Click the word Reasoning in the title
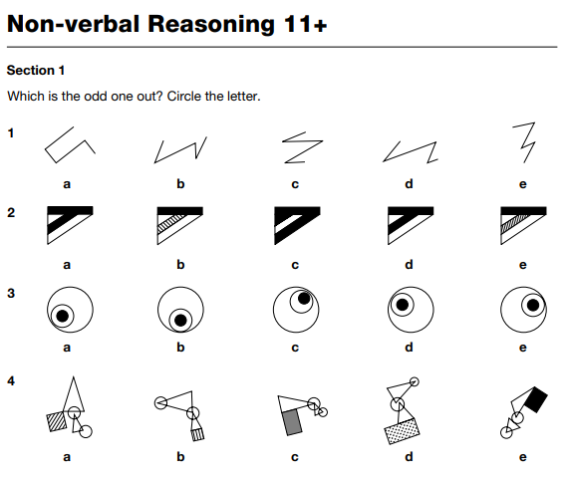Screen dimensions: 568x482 pyautogui.click(x=211, y=25)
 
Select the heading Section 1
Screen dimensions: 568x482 pyautogui.click(x=36, y=71)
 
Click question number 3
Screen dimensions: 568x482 pyautogui.click(x=11, y=293)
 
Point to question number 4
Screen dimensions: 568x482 pyautogui.click(x=11, y=381)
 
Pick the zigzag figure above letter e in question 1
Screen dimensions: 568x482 pyautogui.click(x=524, y=142)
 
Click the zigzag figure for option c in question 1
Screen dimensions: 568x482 pyautogui.click(x=303, y=147)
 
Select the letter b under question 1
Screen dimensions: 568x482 pyautogui.click(x=180, y=184)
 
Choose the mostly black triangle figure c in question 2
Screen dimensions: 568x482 pyautogui.click(x=297, y=226)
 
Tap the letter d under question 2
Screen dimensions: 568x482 pyautogui.click(x=409, y=265)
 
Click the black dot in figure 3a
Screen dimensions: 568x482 pyautogui.click(x=63, y=316)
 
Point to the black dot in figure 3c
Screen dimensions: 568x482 pyautogui.click(x=304, y=299)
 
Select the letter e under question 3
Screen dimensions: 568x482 pyautogui.click(x=522, y=348)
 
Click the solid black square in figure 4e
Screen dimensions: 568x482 pyautogui.click(x=535, y=399)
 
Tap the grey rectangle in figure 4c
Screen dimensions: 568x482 pyautogui.click(x=292, y=422)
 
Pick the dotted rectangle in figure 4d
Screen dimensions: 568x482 pyautogui.click(x=403, y=431)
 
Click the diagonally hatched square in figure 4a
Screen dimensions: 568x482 pyautogui.click(x=57, y=421)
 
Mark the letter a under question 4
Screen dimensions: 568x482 pyautogui.click(x=67, y=457)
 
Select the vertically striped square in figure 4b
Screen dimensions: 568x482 pyautogui.click(x=197, y=434)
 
